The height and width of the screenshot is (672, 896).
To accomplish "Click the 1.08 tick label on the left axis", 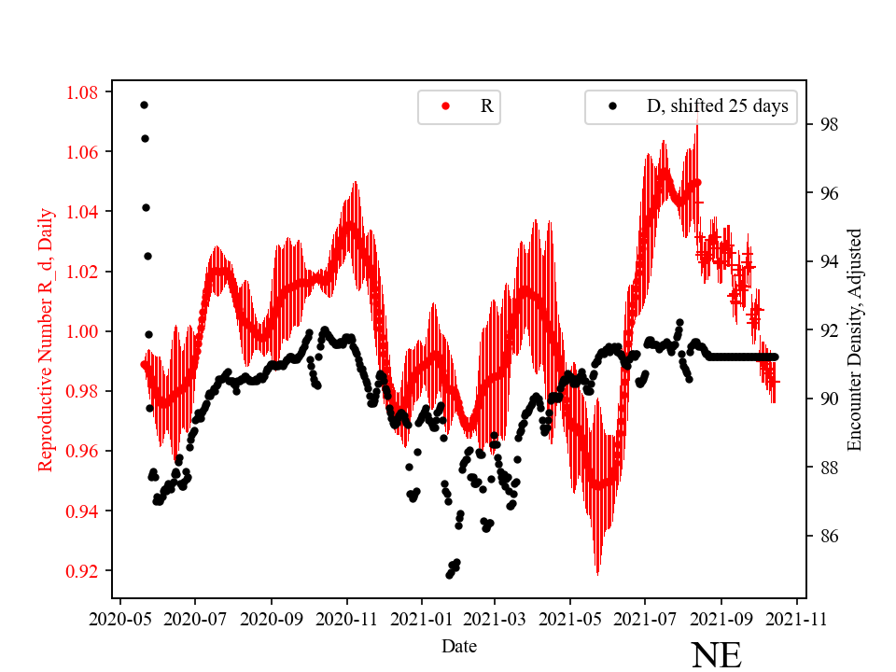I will (81, 92).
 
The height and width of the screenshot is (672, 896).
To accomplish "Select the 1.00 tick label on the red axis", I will (81, 331).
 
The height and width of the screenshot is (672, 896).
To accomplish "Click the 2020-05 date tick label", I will (119, 617).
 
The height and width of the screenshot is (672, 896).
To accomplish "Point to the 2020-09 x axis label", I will (272, 617).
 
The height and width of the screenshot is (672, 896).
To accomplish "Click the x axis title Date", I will (459, 645).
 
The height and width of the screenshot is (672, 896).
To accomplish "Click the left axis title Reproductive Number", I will (45, 339).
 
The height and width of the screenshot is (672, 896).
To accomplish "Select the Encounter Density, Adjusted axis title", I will (854, 340).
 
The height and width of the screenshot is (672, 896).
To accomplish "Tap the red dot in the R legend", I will (445, 106).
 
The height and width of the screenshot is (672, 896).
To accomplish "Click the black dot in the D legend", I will (613, 106).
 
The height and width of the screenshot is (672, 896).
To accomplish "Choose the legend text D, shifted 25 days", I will (717, 106).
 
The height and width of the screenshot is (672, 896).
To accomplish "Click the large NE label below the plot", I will (716, 654).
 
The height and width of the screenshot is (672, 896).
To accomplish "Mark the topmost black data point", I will (144, 105).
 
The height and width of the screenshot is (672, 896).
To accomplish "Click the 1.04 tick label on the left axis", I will (81, 212).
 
